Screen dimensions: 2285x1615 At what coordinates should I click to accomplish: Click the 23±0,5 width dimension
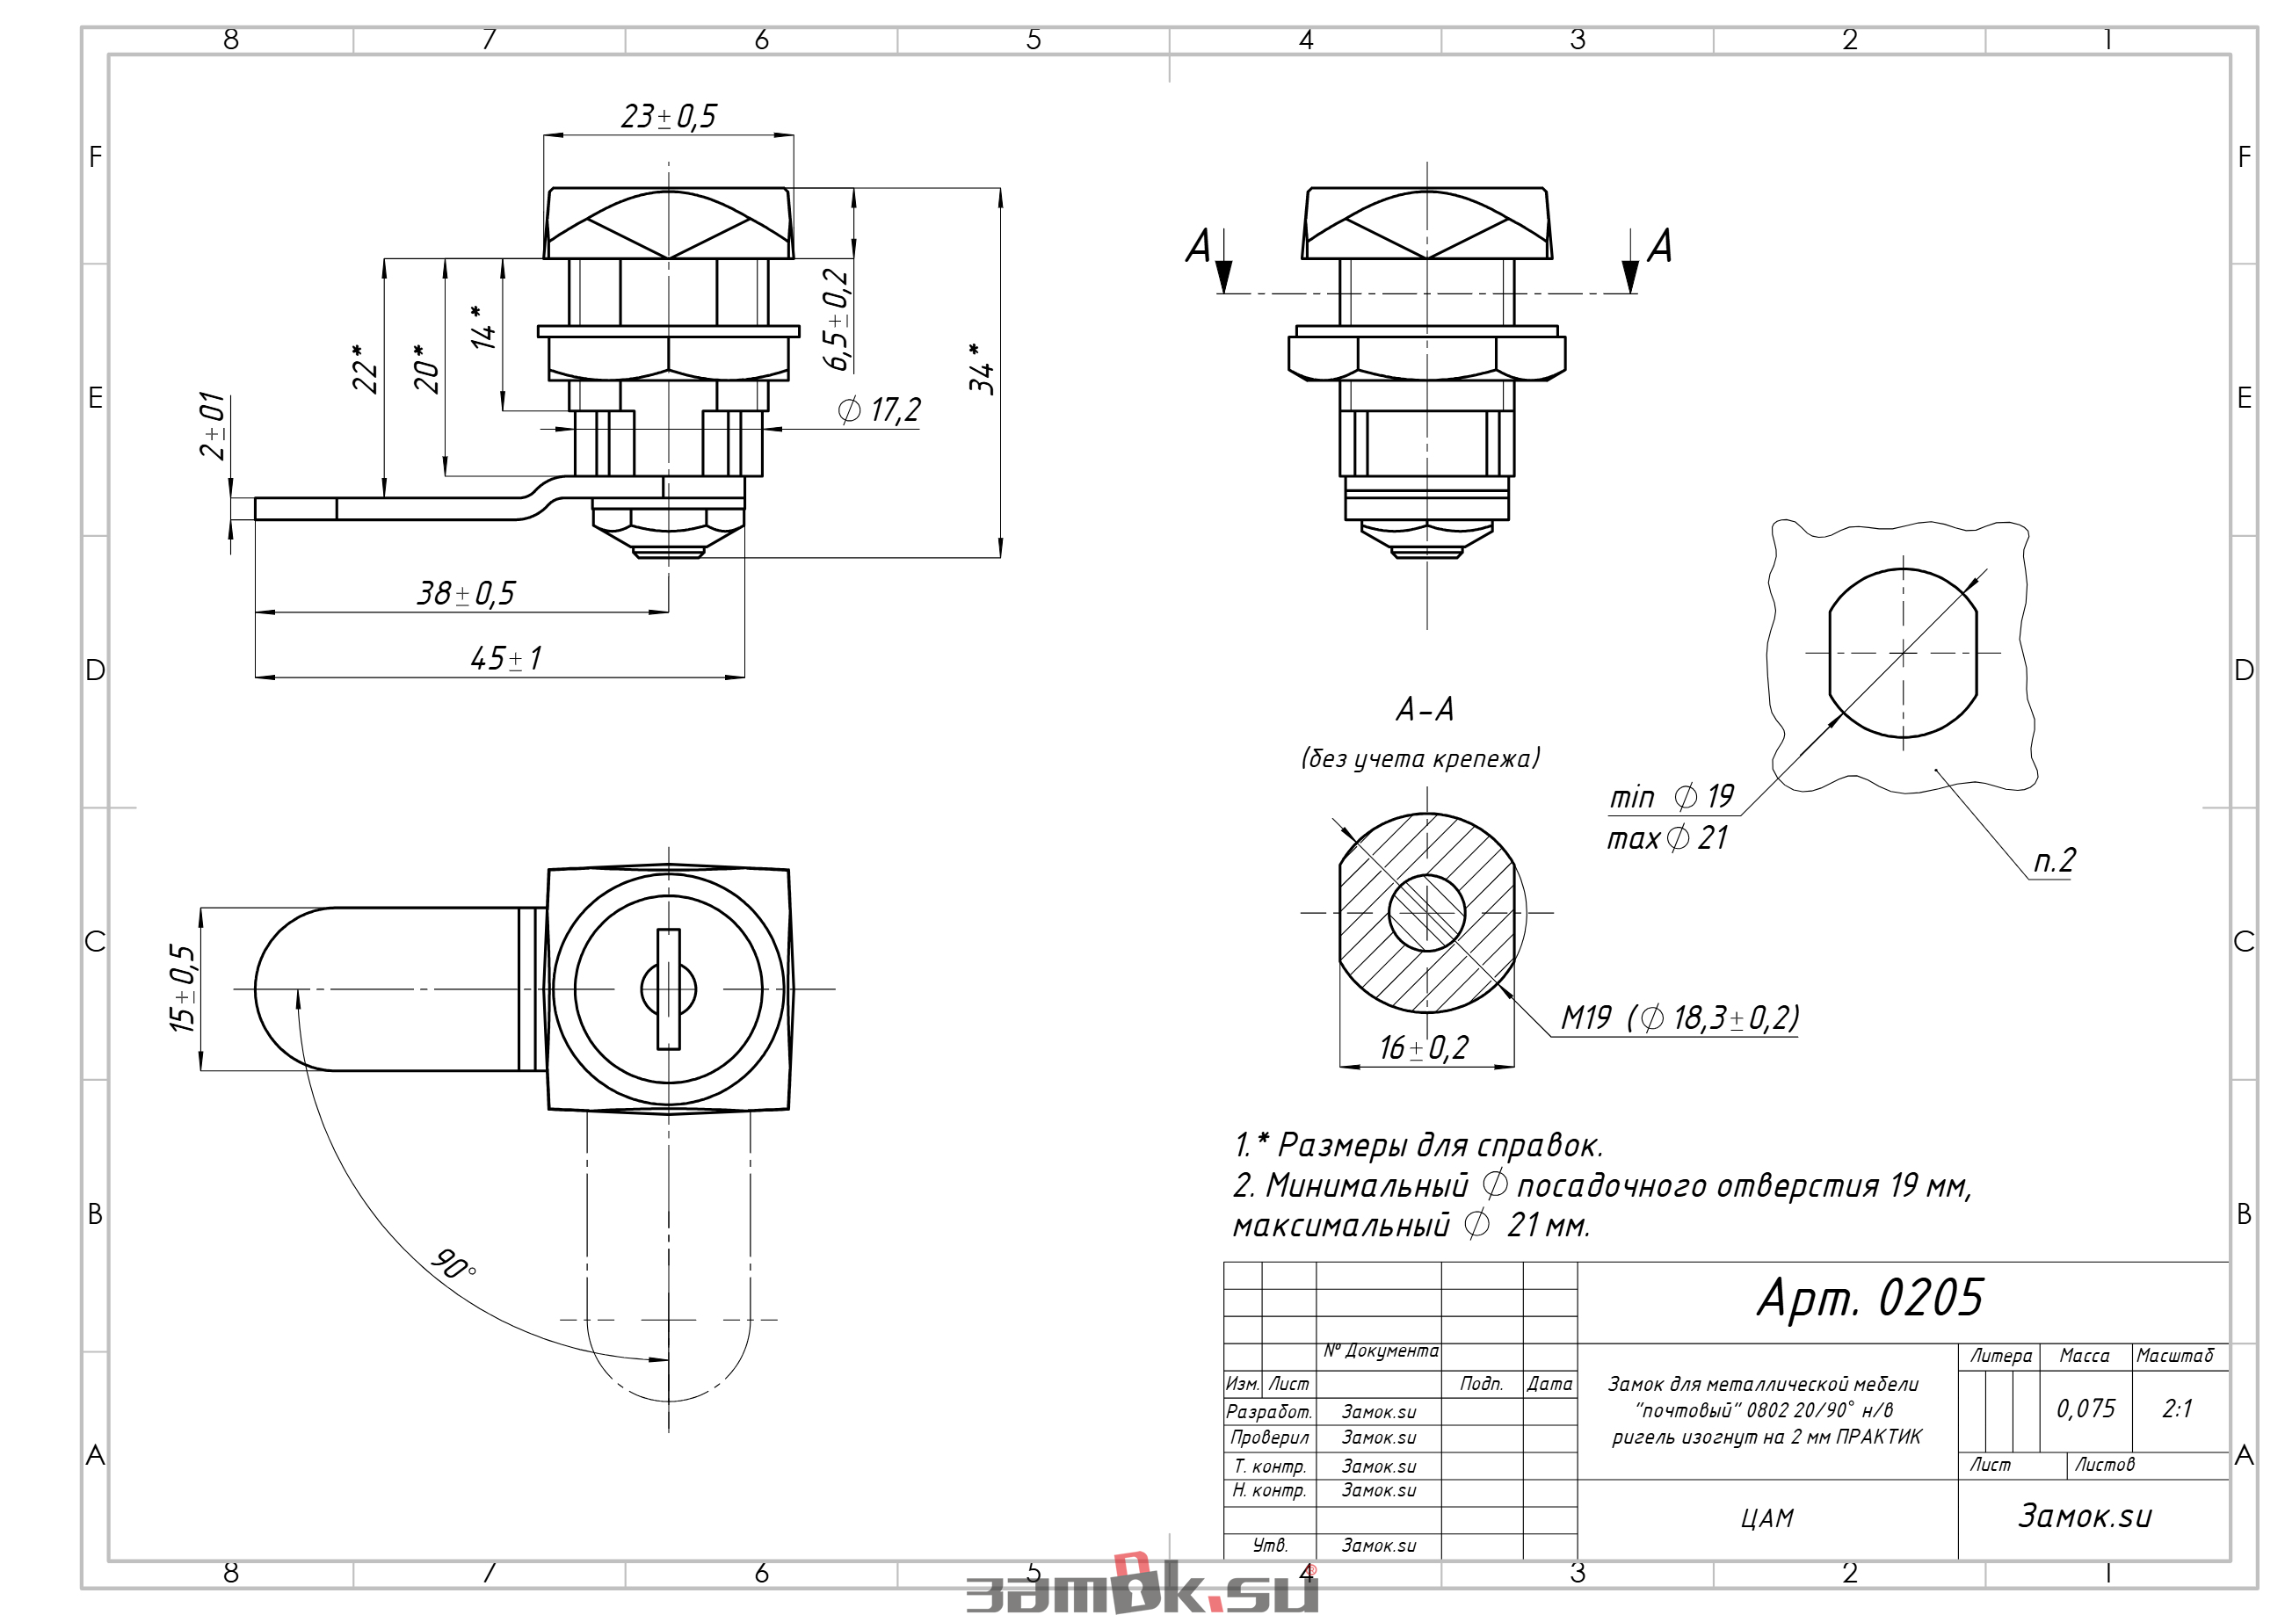click(x=668, y=116)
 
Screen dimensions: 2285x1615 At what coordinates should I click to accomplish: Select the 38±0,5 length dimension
click(x=466, y=593)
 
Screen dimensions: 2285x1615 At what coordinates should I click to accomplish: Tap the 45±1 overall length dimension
click(x=505, y=658)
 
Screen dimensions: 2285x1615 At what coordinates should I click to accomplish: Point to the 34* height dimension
click(x=982, y=367)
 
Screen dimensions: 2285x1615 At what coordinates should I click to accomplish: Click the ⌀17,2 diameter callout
click(x=880, y=410)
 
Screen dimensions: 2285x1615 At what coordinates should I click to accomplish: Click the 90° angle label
click(x=453, y=1264)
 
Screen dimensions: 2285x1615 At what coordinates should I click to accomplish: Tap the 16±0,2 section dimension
click(x=1423, y=1046)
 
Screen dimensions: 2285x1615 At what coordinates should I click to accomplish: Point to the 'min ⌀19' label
click(x=1672, y=796)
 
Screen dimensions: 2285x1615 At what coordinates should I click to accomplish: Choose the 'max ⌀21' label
click(x=1667, y=838)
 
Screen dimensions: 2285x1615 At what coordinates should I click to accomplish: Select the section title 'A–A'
click(x=1425, y=709)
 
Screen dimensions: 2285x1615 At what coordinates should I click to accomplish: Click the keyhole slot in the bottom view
click(x=669, y=989)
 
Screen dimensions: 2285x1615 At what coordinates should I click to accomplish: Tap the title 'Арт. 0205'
click(x=1870, y=1298)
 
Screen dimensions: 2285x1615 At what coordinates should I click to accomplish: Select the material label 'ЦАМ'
click(x=1767, y=1518)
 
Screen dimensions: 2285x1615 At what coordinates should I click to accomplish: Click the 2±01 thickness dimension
click(x=213, y=426)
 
